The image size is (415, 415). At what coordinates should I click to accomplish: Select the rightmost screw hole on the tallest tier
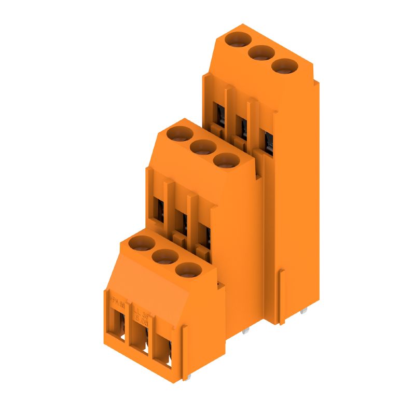284,66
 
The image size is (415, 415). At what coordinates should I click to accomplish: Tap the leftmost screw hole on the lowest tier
142,242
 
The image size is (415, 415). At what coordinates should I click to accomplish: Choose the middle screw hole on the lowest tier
165,256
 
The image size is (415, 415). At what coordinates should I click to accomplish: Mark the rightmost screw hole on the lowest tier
188,270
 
